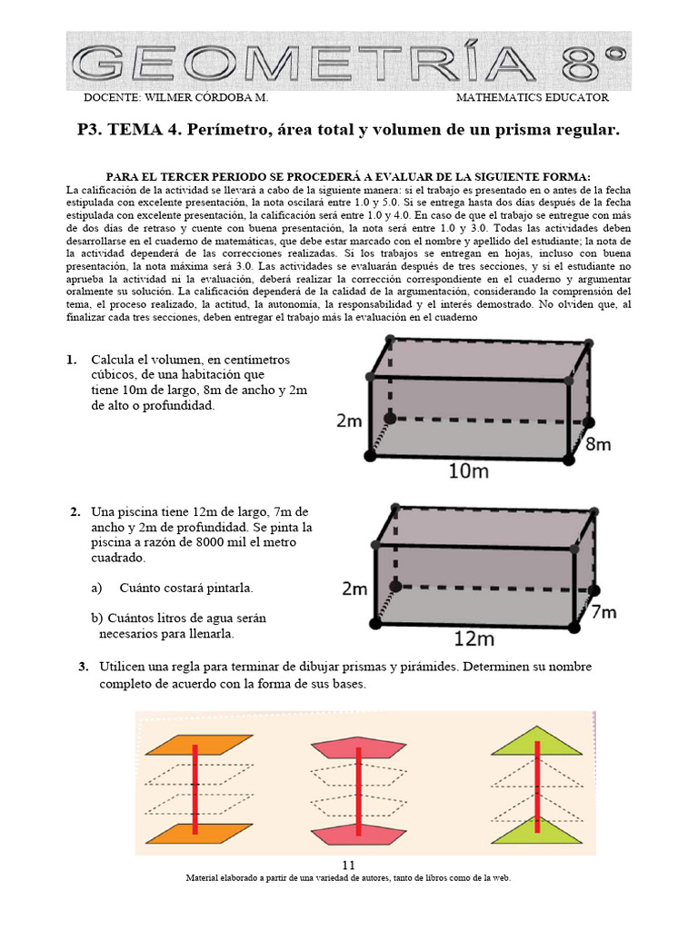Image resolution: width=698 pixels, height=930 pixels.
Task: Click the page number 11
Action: (349, 864)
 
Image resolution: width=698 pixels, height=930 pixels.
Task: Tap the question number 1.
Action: (71, 360)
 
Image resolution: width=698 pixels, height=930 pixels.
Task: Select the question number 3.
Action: (84, 667)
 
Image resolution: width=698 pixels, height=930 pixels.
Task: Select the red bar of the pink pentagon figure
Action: (361, 787)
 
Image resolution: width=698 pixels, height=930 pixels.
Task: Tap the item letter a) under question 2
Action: (96, 588)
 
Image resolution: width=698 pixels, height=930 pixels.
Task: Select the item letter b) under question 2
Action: (96, 618)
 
